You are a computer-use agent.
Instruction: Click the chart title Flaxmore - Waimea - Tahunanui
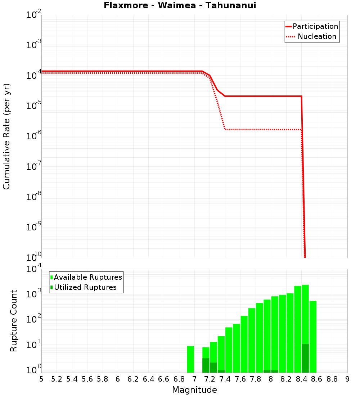(x=180, y=6)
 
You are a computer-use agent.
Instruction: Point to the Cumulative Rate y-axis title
(x=6, y=136)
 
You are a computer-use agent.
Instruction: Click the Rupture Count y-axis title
(x=14, y=321)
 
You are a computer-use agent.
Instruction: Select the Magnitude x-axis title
(x=194, y=390)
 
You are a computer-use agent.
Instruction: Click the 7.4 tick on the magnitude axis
(x=225, y=379)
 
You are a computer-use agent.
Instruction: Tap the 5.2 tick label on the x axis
(x=57, y=379)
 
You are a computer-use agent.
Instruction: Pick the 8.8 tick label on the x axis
(x=332, y=379)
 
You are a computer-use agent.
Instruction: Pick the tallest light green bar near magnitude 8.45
(x=305, y=313)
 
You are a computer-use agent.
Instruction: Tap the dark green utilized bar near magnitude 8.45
(x=305, y=358)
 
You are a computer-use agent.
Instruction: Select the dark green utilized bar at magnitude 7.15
(x=206, y=365)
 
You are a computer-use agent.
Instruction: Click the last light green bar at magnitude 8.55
(x=313, y=337)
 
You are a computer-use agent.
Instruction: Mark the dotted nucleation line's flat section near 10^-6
(x=263, y=129)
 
